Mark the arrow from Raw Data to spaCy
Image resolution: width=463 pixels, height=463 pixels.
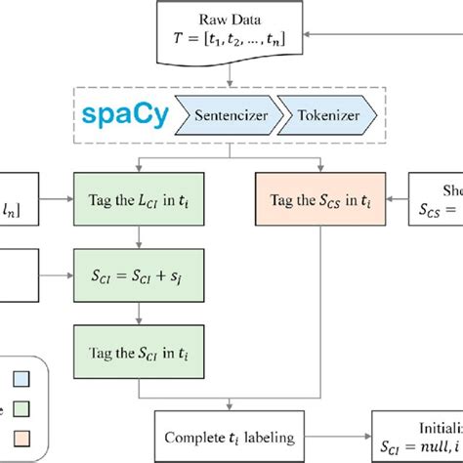pos(232,78)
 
